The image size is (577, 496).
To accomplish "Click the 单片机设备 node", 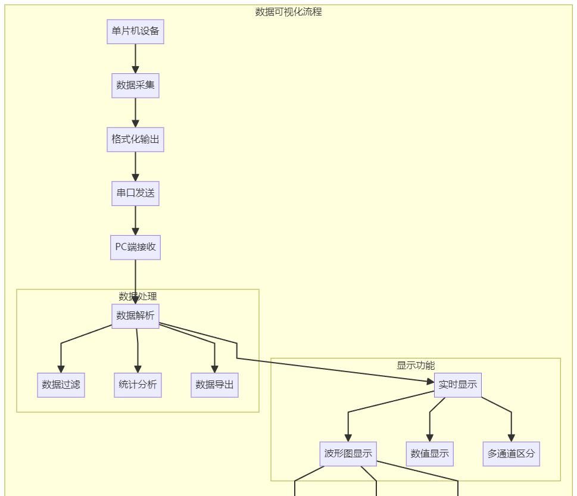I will pos(135,32).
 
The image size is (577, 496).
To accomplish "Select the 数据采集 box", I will pos(135,86).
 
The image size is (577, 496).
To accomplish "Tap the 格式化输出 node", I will pos(135,139).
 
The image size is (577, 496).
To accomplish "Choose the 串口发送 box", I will pos(135,194).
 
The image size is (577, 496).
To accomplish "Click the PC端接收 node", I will pos(135,247).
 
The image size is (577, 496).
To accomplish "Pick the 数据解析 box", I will pos(135,316).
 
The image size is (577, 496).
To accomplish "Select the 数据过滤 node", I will pos(61,385).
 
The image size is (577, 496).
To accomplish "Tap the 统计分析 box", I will pos(138,385).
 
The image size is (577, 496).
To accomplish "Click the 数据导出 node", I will pos(214,385).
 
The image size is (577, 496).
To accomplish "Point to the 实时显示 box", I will pos(457,385).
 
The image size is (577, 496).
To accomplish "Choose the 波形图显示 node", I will pos(348,454).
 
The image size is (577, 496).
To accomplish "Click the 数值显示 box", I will pos(429,454).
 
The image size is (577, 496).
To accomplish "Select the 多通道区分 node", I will pos(511,454).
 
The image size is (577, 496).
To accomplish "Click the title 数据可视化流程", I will pos(288,11).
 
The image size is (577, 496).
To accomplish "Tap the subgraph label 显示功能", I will pos(416,366).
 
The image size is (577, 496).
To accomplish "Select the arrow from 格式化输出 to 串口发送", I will pos(135,166).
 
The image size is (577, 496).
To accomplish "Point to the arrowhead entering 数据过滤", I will pos(61,369).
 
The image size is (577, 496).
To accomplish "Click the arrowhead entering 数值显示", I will pos(429,438).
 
